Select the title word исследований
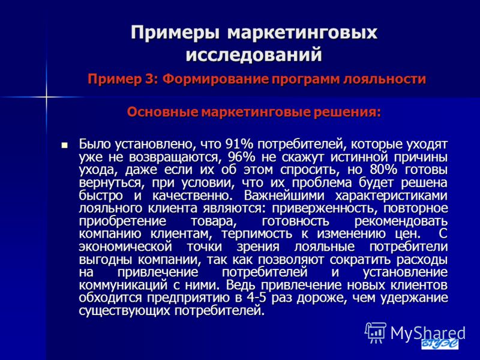tap(254, 55)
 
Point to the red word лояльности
tap(385, 79)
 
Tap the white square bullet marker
tap(64, 145)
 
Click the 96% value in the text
tap(242, 157)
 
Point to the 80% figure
tap(383, 170)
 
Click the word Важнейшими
tap(284, 196)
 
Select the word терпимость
tap(257, 234)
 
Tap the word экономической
tap(125, 247)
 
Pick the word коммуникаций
tap(123, 286)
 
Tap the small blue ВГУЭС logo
tap(440, 343)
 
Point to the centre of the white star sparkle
tap(47, 97)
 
